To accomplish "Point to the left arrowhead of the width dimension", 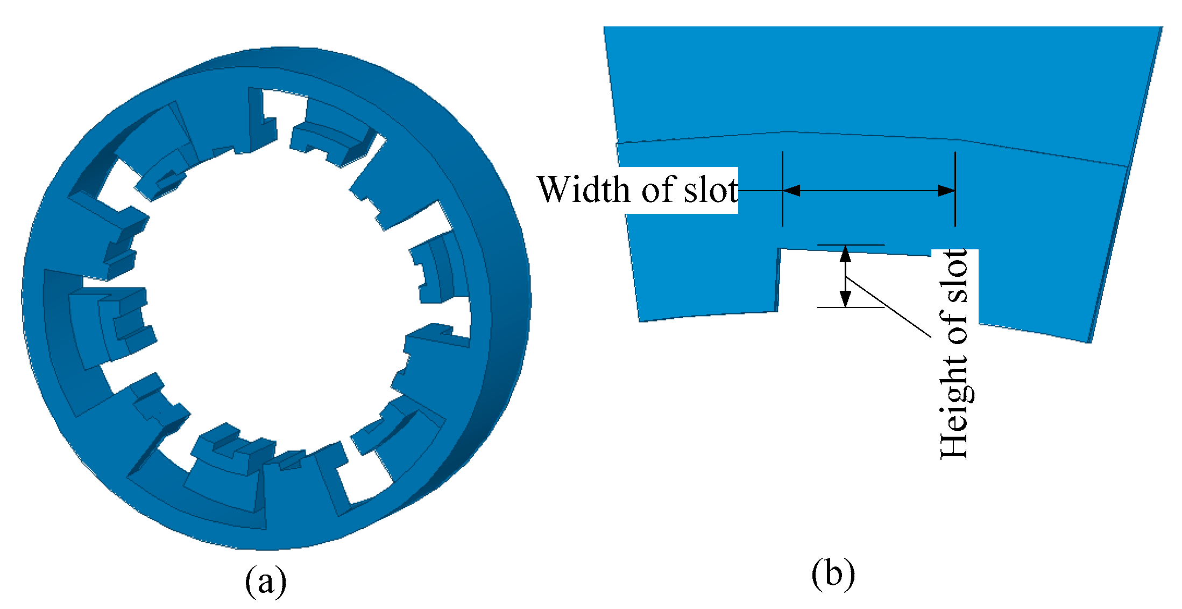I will click(791, 191).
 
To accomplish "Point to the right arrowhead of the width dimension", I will click(947, 191).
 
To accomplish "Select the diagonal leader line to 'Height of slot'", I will click(888, 307).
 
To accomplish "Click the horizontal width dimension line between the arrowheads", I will click(869, 191).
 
